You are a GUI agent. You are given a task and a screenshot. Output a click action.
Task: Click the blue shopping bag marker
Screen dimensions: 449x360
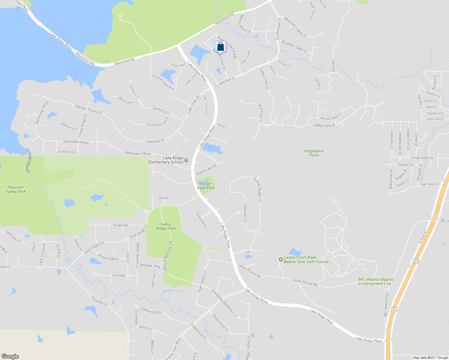point(220,47)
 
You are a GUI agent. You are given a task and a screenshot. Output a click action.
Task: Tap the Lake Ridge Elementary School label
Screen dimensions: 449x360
point(166,160)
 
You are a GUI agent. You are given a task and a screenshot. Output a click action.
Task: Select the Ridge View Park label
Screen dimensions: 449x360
point(206,186)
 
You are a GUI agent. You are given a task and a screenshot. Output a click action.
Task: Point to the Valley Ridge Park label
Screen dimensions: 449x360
point(166,226)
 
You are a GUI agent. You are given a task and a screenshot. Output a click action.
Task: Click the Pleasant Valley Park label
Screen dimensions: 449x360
point(16,189)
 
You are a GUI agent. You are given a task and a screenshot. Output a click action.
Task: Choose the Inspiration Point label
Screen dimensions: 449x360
point(314,153)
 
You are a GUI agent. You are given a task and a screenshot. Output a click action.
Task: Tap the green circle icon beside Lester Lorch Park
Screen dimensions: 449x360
point(281,259)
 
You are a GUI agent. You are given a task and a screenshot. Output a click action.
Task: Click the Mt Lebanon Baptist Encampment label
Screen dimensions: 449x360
point(376,281)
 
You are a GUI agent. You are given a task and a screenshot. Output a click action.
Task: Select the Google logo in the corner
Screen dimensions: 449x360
point(10,356)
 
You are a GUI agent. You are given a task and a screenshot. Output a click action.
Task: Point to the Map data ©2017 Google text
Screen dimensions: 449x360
point(430,358)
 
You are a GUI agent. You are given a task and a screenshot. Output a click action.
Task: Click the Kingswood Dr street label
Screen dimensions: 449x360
point(422,158)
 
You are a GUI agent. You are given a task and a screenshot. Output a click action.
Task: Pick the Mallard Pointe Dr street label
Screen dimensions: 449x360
point(89,109)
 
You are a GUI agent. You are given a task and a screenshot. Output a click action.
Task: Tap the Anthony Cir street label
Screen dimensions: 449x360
point(67,152)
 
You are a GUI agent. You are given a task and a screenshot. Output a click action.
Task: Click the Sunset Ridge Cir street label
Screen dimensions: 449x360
point(258,189)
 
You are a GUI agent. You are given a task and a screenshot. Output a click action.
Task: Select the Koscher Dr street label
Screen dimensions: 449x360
point(100,301)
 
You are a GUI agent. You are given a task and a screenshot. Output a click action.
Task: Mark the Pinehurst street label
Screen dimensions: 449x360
point(121,225)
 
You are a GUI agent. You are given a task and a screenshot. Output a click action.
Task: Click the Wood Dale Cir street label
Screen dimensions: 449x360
point(331,116)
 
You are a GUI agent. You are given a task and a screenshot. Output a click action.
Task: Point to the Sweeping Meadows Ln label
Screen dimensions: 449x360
point(224,303)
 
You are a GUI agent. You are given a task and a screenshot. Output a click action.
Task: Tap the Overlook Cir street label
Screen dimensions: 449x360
point(245,213)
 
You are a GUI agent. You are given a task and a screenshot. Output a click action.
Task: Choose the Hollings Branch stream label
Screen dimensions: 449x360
point(28,160)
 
